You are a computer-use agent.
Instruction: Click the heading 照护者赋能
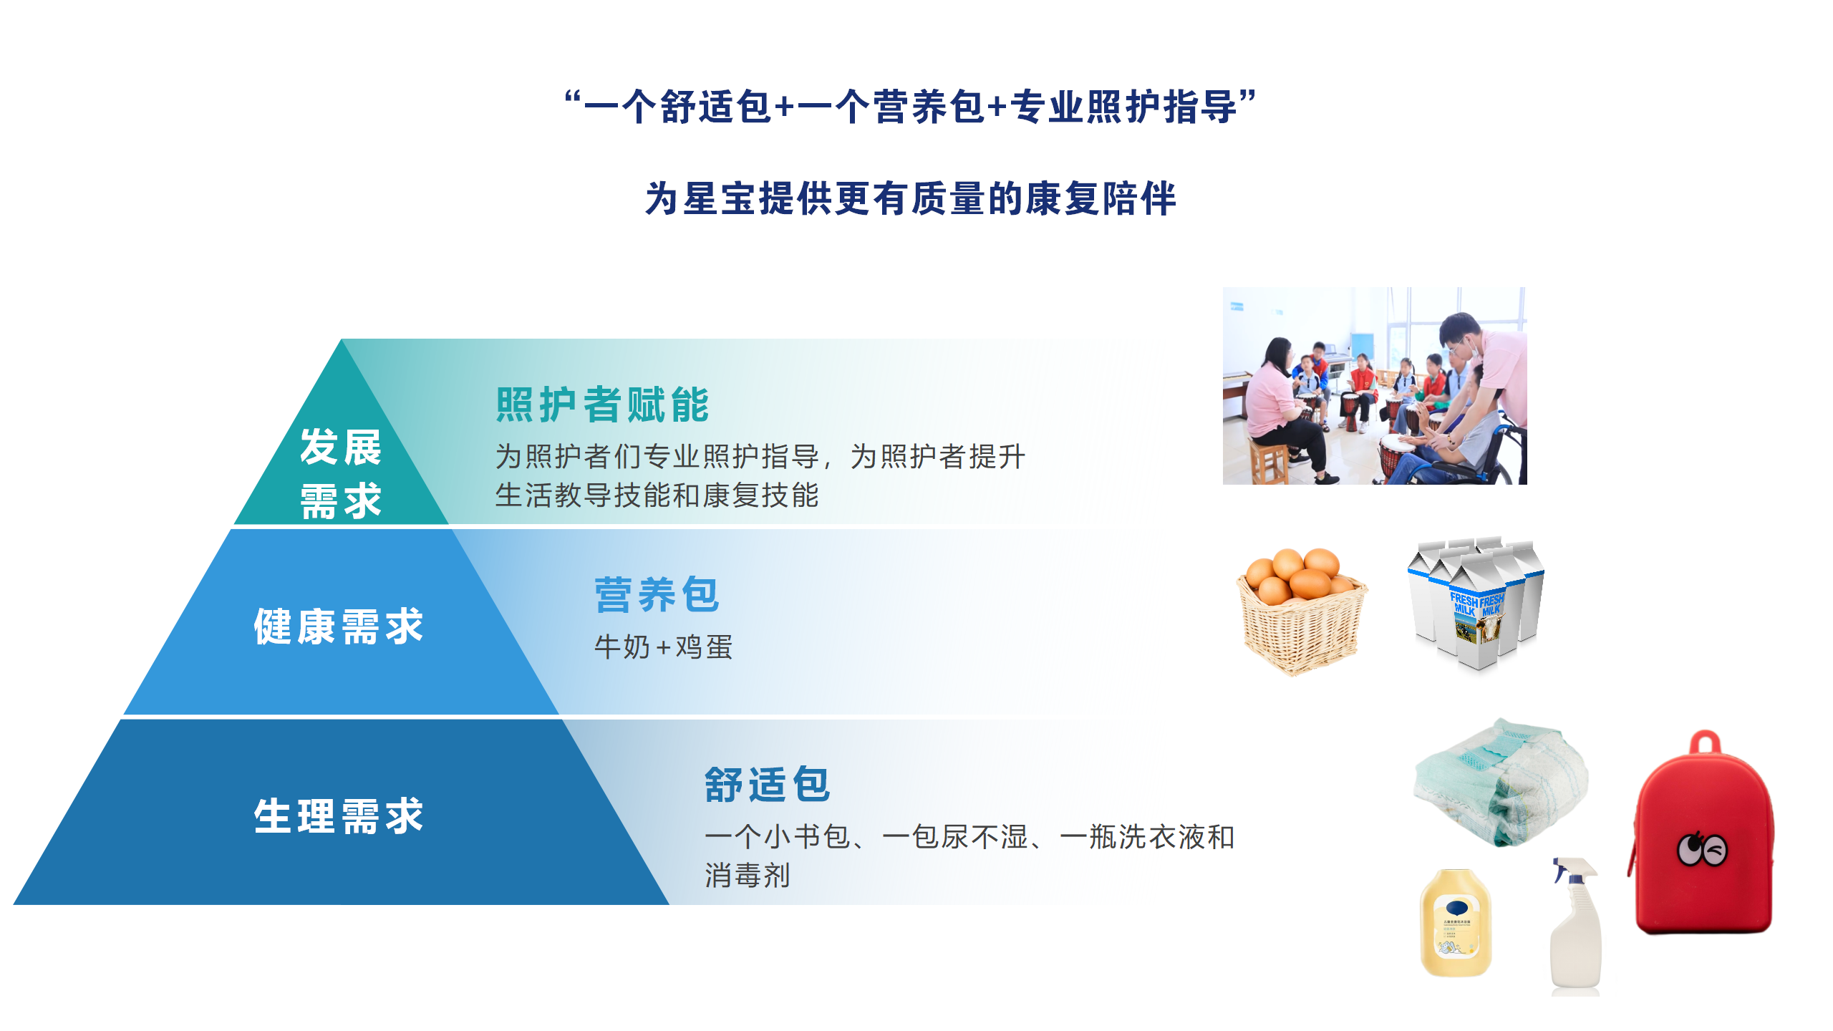602,405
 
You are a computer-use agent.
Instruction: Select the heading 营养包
657,594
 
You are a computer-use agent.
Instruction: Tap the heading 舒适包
767,784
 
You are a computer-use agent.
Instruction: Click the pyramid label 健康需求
339,626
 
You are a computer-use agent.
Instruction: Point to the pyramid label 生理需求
339,816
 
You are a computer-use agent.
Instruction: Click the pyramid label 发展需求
341,473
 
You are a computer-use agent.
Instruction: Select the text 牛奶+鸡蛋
663,647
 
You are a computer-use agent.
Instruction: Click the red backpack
1703,833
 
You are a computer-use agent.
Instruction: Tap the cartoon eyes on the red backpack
1702,850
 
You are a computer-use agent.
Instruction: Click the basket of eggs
1302,611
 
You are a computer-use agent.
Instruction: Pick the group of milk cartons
1476,603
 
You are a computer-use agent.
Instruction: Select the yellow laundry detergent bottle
1456,923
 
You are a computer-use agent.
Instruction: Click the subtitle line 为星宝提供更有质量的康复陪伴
911,198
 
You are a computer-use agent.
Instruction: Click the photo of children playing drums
1375,386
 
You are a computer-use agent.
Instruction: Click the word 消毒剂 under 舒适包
748,875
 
